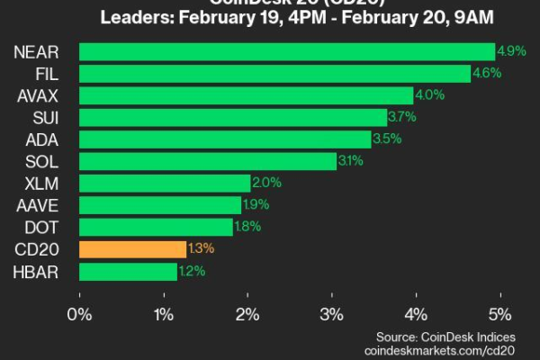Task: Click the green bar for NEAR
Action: pos(286,51)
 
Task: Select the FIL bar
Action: pos(274,73)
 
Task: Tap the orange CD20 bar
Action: pos(132,249)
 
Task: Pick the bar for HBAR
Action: pos(128,271)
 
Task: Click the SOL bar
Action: pos(208,161)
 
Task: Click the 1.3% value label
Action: pos(200,249)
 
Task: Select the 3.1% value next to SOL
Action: pos(350,161)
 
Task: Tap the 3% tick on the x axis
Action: pos(332,315)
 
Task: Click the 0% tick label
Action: pos(80,315)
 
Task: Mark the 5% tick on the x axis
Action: pos(499,315)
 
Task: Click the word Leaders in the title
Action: pos(133,16)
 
